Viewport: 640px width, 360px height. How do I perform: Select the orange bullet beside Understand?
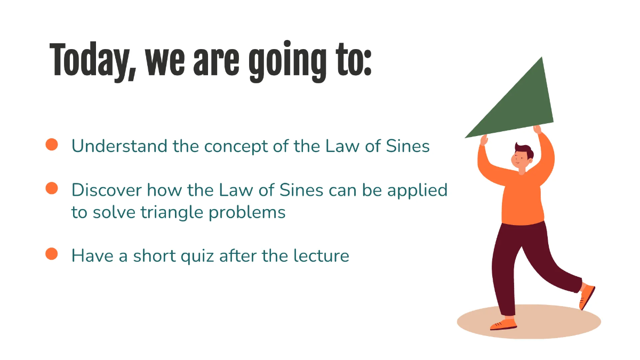point(52,145)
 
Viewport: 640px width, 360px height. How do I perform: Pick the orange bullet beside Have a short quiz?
point(52,254)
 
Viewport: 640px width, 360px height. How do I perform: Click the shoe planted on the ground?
point(504,324)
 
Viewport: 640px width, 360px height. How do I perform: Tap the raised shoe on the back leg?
point(587,296)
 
